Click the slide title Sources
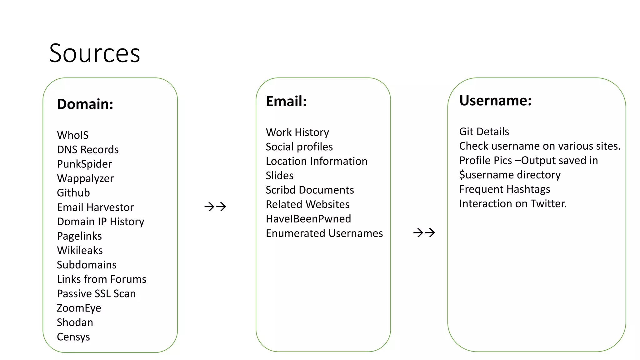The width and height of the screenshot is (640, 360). click(x=94, y=53)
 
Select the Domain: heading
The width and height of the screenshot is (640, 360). click(x=85, y=104)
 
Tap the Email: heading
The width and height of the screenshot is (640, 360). click(x=286, y=101)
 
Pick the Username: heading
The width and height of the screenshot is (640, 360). click(x=495, y=101)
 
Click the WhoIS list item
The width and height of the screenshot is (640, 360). click(x=73, y=135)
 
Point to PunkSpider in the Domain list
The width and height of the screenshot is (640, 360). click(x=84, y=164)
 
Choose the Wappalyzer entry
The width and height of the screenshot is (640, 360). click(x=85, y=178)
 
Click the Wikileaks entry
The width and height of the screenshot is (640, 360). click(x=80, y=250)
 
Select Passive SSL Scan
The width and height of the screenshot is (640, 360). click(x=96, y=293)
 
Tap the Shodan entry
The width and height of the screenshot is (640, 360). click(x=75, y=322)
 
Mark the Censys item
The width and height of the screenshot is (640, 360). click(x=73, y=337)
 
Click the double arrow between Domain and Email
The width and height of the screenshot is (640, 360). click(x=215, y=207)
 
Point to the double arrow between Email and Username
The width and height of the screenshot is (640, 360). click(x=424, y=232)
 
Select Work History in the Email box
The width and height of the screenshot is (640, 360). click(x=297, y=132)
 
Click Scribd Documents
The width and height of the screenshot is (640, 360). click(x=310, y=190)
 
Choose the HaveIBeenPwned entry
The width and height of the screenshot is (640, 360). click(x=308, y=219)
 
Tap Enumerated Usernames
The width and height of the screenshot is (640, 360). click(x=324, y=233)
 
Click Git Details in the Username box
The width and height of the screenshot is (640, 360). click(x=484, y=132)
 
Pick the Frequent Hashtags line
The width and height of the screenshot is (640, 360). click(x=505, y=189)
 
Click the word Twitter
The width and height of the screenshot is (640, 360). click(x=548, y=204)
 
